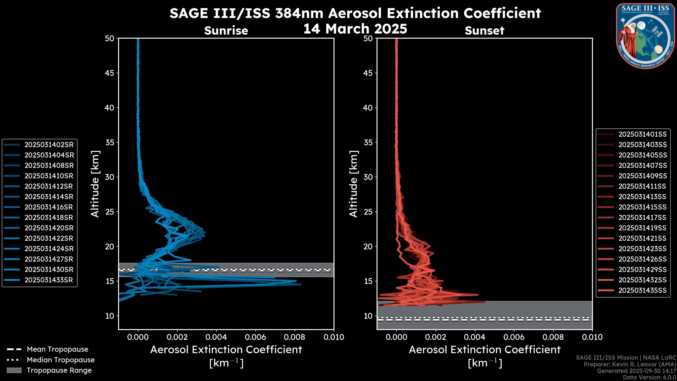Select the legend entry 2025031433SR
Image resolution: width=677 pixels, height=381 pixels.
(x=49, y=280)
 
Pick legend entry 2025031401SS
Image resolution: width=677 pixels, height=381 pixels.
(x=642, y=134)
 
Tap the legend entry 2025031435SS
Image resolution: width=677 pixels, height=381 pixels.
(x=642, y=290)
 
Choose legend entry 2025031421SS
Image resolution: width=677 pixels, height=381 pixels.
(x=642, y=238)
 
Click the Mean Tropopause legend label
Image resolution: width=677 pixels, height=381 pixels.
(x=57, y=349)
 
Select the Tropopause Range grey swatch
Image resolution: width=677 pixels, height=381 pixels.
(x=14, y=370)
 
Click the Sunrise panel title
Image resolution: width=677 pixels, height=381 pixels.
(x=226, y=31)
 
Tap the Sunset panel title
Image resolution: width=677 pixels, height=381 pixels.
(x=484, y=31)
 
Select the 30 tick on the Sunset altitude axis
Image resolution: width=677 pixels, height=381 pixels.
(x=368, y=177)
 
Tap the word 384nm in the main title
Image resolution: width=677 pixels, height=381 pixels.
(x=299, y=13)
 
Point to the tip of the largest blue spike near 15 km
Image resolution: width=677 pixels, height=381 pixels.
(x=301, y=284)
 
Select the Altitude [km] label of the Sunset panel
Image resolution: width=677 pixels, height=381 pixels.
(x=354, y=184)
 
